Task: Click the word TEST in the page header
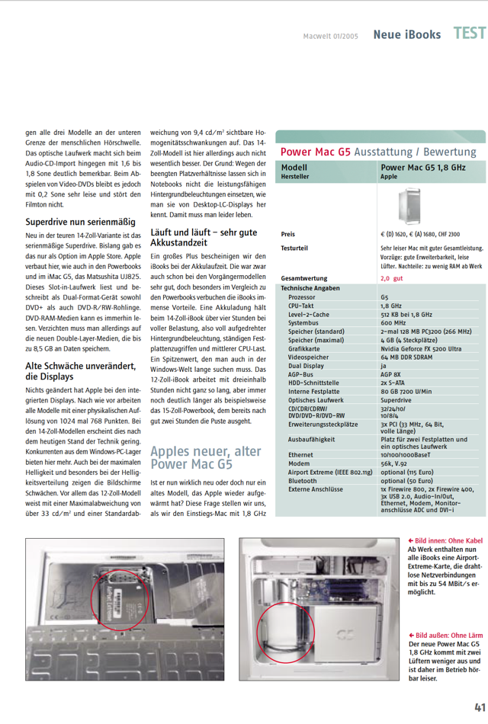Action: click(x=469, y=34)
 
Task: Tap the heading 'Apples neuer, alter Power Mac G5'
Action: click(x=205, y=457)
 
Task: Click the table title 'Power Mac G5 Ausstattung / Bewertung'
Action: click(x=378, y=152)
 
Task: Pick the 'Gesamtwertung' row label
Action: click(x=304, y=279)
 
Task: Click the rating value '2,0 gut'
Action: click(x=392, y=279)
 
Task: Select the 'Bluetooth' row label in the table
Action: click(x=303, y=481)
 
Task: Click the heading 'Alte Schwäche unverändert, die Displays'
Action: click(x=80, y=371)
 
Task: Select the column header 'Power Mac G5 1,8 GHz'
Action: click(x=422, y=167)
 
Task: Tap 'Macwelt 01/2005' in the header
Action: click(x=330, y=35)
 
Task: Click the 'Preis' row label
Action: click(x=287, y=234)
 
